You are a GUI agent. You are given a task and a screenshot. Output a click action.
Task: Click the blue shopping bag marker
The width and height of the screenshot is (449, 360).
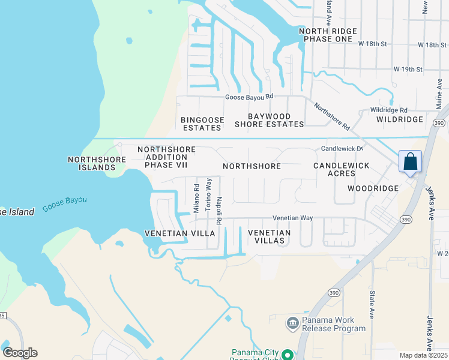pos(410,162)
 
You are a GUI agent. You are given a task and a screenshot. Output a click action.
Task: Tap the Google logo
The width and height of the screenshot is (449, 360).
pos(20,353)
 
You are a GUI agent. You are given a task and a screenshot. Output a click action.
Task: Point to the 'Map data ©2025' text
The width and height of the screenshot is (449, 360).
pos(423,355)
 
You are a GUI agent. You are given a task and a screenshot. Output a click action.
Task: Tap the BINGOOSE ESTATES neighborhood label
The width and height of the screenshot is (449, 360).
pos(202,124)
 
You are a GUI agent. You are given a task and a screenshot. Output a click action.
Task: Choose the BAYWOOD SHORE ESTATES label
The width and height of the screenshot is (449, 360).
pos(270,121)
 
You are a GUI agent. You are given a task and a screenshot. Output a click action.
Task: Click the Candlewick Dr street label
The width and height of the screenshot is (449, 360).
pos(343,148)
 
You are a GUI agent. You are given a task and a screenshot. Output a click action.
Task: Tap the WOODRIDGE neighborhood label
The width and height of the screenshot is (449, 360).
pos(373,188)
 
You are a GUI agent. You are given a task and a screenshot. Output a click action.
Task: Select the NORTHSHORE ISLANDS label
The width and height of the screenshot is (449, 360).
pos(97,163)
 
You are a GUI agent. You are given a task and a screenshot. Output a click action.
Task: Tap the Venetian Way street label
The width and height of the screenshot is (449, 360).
pos(292,218)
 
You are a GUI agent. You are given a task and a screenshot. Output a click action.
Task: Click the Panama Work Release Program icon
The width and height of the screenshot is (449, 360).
pos(292,324)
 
